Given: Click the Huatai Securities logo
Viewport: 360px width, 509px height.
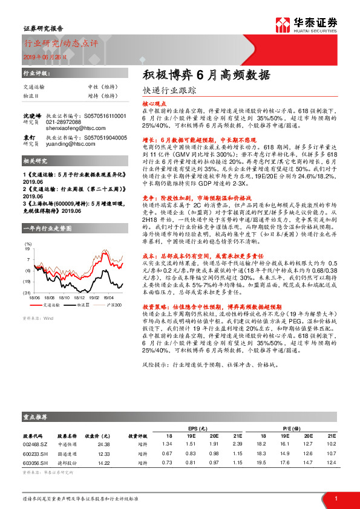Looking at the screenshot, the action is (314, 24).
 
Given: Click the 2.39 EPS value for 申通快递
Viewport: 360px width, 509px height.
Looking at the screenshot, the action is (237, 444).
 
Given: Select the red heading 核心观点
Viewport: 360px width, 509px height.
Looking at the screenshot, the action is (154, 104).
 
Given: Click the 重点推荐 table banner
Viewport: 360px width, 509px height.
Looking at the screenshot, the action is (36, 418).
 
